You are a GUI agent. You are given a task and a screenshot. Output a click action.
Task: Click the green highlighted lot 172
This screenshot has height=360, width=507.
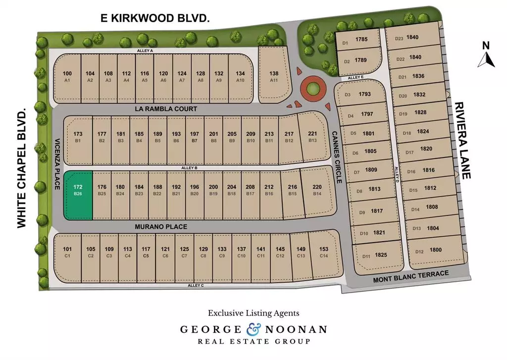coord(78,195)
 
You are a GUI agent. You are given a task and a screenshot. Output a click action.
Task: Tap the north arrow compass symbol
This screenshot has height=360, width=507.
coord(486,55)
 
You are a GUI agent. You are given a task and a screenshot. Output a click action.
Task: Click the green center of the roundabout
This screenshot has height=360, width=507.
coord(312,89)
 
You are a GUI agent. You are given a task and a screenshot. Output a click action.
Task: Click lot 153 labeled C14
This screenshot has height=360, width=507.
coord(324,252)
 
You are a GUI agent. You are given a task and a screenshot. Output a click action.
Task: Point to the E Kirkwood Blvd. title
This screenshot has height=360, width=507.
coord(155,18)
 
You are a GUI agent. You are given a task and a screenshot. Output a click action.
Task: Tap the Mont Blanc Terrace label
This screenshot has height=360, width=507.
coord(410,277)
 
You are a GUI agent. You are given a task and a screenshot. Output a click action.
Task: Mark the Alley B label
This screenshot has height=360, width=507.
coord(189,168)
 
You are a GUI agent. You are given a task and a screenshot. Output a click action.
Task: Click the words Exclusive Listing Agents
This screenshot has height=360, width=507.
coord(253,313)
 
